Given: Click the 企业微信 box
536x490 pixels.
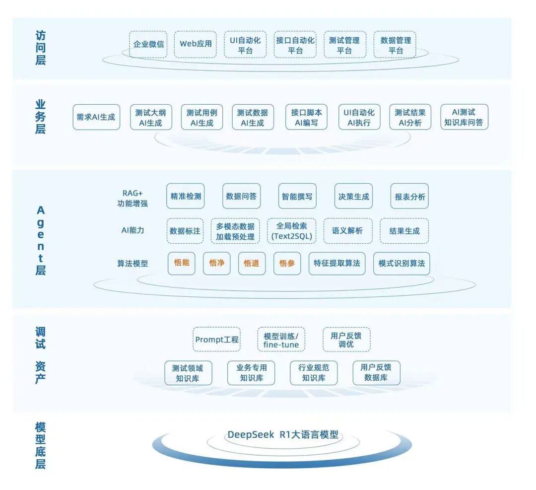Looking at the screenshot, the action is pos(148,44).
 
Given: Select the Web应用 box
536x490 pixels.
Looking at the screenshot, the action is pos(196,44).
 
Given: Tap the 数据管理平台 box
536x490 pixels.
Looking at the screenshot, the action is pos(395,44).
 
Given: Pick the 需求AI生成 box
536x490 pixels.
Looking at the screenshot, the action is pos(96,117).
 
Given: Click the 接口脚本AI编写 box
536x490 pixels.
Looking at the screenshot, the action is pos(306,117).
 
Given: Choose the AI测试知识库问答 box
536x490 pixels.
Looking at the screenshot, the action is pos(464,117).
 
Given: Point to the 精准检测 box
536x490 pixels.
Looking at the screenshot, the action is pos(186,196).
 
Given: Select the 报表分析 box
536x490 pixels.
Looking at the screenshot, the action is pos(409,196).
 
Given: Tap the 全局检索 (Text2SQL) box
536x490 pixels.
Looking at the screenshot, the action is pos(292,231).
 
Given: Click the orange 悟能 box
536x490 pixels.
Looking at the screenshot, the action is pos(182,263).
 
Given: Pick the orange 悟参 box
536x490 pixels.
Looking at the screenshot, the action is pos(287,263).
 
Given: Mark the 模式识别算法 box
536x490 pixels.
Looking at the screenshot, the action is pos(402,263).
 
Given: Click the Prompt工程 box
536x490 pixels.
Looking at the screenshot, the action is pos(217,339).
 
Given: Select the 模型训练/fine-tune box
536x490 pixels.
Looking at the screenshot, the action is pos(281,339).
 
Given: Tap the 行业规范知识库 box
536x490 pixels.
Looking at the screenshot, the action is pos(314,373).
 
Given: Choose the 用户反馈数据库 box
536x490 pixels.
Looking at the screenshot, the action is pos(376,373).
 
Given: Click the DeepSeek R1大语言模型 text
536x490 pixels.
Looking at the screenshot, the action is pos(283,434).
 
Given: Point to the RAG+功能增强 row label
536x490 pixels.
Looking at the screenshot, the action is pos(133,198).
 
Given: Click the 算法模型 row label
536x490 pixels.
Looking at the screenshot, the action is pos(133,263).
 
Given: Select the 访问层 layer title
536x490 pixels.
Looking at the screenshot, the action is pos(40,48).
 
